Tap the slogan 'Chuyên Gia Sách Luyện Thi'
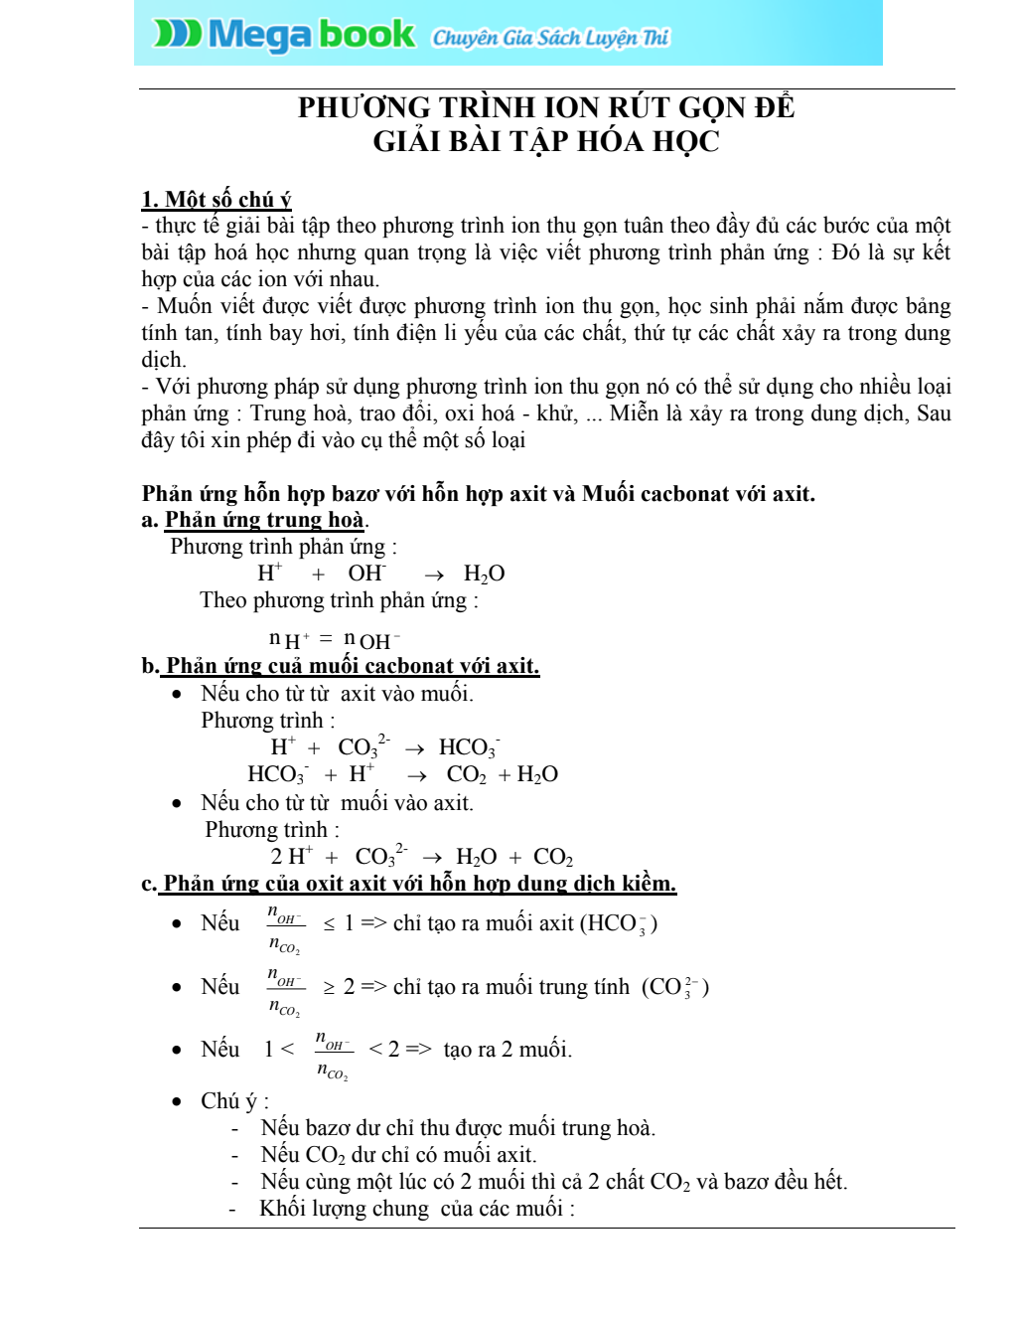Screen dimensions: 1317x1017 pos(550,38)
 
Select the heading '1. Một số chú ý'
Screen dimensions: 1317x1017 pos(217,199)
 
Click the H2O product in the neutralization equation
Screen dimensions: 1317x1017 pos(484,574)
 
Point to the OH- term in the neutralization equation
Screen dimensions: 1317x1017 pos(366,574)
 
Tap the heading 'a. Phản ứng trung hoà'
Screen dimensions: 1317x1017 pos(255,520)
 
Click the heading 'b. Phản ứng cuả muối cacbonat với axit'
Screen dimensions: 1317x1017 pos(341,666)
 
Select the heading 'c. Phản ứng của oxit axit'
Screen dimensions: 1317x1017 pos(409,884)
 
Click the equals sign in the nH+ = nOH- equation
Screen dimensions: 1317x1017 pos(325,638)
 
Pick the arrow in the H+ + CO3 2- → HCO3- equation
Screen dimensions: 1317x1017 pos(414,748)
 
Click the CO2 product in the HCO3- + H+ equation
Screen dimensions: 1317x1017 pos(466,774)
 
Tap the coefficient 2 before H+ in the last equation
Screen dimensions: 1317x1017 pos(277,857)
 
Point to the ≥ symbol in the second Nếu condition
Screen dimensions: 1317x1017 pos(329,988)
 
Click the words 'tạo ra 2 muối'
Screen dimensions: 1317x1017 pos(508,1050)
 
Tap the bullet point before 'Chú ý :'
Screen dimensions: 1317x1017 pos(177,1101)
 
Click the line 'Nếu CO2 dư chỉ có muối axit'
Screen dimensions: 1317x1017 pos(398,1155)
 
